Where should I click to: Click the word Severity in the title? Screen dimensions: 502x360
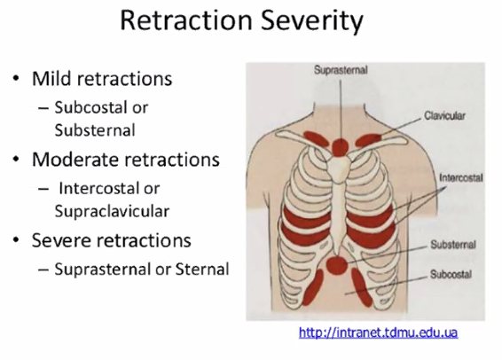point(311,20)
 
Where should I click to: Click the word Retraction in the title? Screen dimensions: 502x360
point(186,20)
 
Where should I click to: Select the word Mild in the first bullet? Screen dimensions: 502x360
point(52,78)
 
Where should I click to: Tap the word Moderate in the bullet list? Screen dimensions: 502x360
point(75,160)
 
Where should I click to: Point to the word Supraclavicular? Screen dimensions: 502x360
point(112,212)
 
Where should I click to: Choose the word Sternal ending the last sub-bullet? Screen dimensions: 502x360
point(202,270)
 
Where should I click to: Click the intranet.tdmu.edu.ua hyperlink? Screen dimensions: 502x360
point(378,333)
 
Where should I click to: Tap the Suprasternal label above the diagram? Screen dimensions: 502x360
point(341,70)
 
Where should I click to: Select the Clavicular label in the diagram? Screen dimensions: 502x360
point(444,115)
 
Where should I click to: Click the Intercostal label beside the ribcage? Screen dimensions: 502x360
point(461,177)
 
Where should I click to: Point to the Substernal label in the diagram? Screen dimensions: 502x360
point(453,245)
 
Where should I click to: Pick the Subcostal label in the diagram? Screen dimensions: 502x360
point(451,274)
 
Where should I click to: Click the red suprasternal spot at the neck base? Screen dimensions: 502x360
point(340,147)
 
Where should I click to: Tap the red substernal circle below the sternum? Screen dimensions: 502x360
point(336,265)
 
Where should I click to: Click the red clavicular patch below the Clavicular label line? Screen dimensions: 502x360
point(368,140)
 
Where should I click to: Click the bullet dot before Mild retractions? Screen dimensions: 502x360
point(15,78)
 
